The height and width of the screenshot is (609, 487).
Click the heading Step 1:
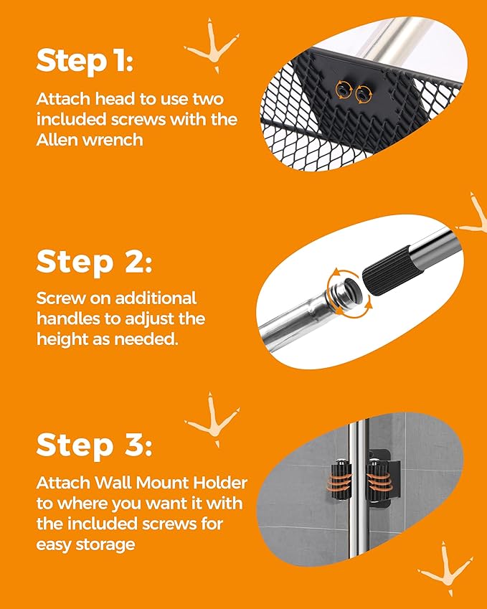(85, 62)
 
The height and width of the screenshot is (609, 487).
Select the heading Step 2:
(94, 262)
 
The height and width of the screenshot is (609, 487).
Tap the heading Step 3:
(94, 445)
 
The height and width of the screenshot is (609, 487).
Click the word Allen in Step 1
(55, 139)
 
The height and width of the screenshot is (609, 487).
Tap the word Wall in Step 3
(113, 483)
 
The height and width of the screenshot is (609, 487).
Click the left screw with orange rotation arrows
(344, 90)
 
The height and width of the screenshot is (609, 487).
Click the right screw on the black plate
(364, 95)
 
